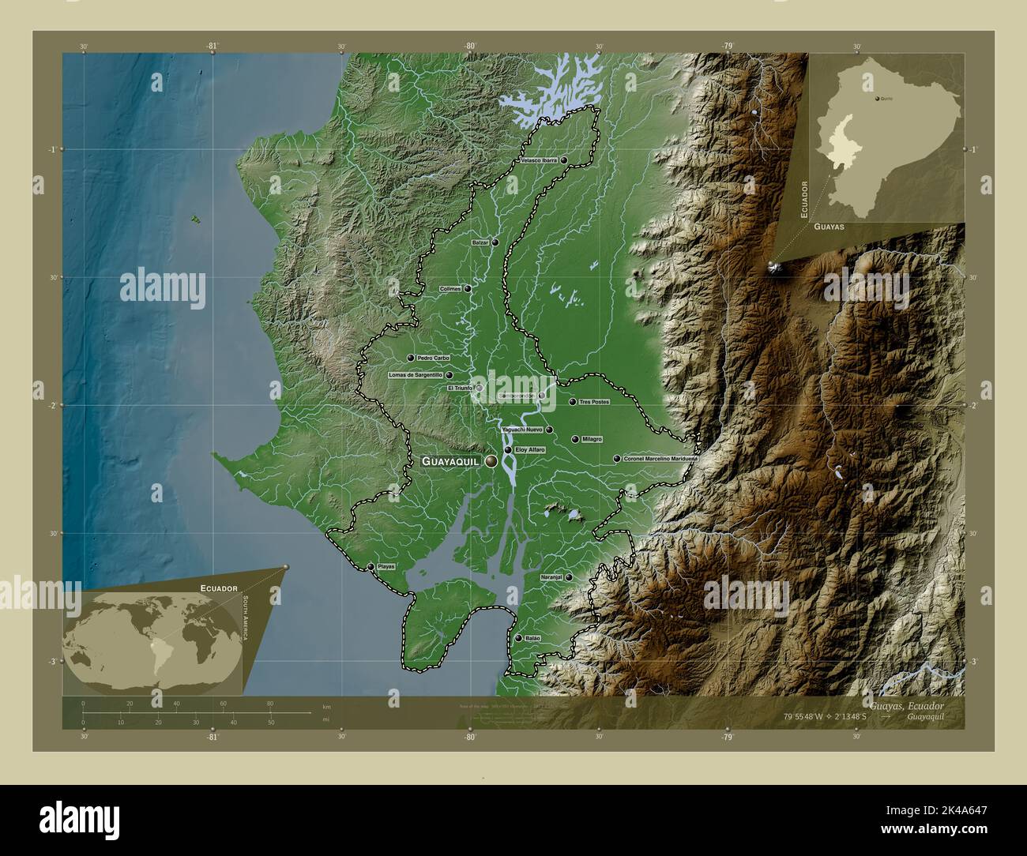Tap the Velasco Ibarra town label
click(539, 160)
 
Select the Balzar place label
click(480, 243)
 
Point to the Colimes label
click(450, 290)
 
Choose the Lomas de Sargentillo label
click(416, 376)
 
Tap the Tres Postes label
click(595, 402)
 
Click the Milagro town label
click(592, 439)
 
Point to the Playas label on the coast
click(386, 567)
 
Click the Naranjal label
click(551, 578)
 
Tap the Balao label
click(532, 638)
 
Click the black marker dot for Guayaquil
click(491, 460)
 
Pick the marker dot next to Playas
click(371, 567)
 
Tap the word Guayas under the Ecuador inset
click(828, 226)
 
